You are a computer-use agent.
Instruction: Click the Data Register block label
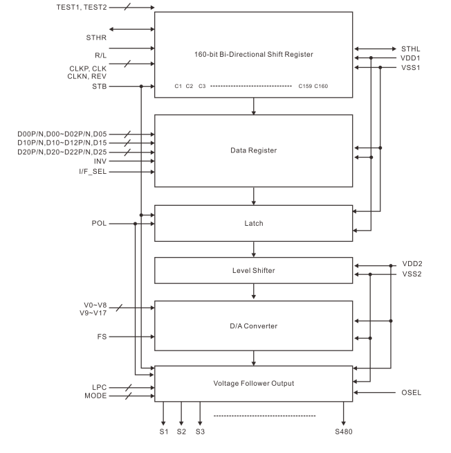pos(254,150)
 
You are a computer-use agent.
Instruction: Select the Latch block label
pos(254,224)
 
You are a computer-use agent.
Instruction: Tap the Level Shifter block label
pos(254,270)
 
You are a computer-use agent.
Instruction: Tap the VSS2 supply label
pos(413,274)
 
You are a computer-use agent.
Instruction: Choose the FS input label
pos(103,337)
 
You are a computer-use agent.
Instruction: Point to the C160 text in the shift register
pos(322,87)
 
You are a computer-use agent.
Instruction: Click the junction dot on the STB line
pos(141,87)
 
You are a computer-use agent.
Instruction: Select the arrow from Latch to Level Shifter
pos(254,249)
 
